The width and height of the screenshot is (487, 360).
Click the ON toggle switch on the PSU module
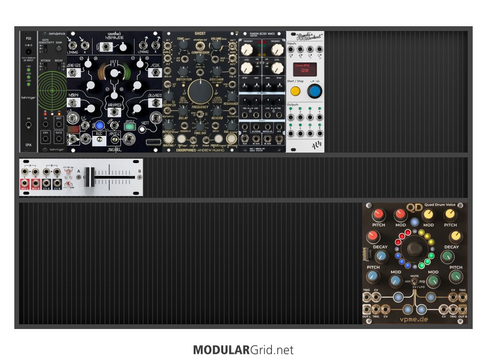coord(28,125)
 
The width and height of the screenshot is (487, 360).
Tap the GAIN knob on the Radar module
coord(59,49)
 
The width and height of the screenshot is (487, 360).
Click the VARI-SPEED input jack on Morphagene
coord(114,112)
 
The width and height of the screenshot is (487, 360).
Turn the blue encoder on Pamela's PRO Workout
coord(314,92)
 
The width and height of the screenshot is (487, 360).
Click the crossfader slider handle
coord(87,177)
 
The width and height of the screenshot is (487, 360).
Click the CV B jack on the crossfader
coord(57,183)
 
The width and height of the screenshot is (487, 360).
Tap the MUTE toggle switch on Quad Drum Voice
coord(414,281)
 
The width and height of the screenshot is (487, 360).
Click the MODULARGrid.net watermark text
coord(243,350)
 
